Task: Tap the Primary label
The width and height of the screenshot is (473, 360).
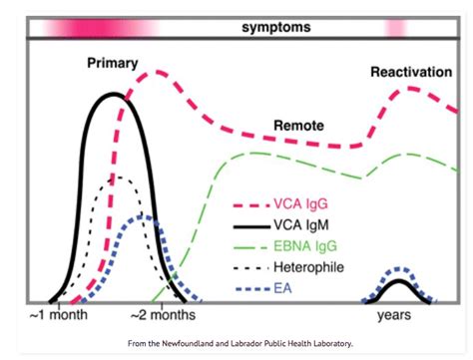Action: (113, 63)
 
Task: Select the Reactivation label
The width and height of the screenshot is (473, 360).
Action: (409, 72)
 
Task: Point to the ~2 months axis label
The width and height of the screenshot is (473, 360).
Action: (163, 315)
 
